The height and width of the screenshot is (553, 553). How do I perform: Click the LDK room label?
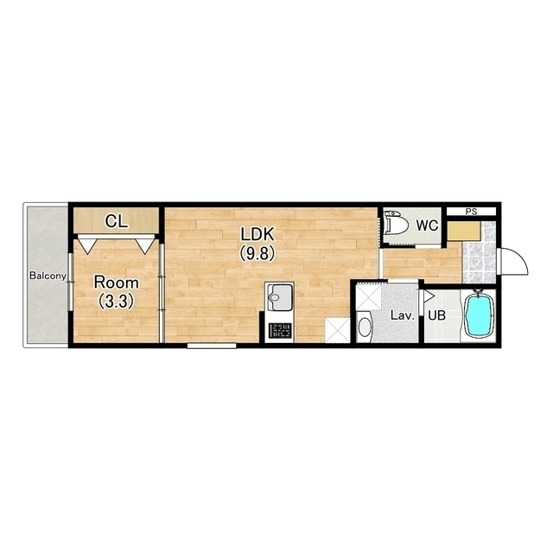(257, 234)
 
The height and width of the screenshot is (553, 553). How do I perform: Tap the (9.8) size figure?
(257, 253)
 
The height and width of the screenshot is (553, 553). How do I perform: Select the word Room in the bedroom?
(116, 283)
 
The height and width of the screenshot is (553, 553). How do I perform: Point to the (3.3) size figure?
(116, 302)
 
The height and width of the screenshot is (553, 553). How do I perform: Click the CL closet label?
(117, 221)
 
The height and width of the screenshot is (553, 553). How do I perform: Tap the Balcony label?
(48, 276)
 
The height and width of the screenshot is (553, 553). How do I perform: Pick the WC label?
(427, 226)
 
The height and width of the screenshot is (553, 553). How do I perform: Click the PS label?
(471, 212)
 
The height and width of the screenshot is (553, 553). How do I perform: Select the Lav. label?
(403, 315)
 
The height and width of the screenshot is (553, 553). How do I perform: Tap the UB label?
(436, 315)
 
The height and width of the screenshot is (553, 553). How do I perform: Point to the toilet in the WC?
(396, 223)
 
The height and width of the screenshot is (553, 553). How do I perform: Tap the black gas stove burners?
(280, 330)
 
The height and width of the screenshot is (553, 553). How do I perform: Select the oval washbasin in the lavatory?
(365, 327)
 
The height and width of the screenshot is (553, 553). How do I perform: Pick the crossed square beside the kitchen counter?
(338, 330)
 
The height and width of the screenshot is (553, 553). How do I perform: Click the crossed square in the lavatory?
(369, 297)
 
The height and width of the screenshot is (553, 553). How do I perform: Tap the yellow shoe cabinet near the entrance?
(464, 232)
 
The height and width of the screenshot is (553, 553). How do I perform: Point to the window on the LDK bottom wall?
(212, 346)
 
